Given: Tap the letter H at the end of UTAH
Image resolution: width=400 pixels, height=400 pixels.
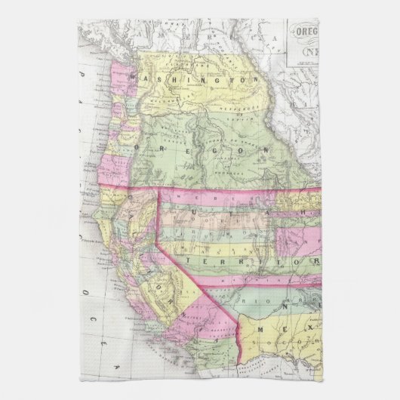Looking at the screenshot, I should [x=309, y=214].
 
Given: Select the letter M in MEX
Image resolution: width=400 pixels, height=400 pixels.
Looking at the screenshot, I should [x=261, y=330].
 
